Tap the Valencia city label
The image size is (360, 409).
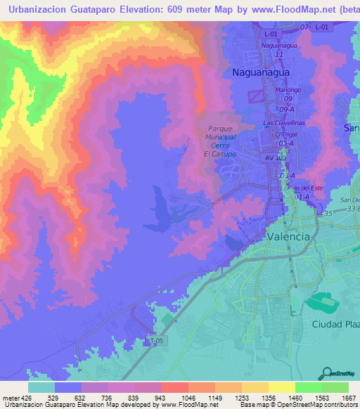pos(288,237)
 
